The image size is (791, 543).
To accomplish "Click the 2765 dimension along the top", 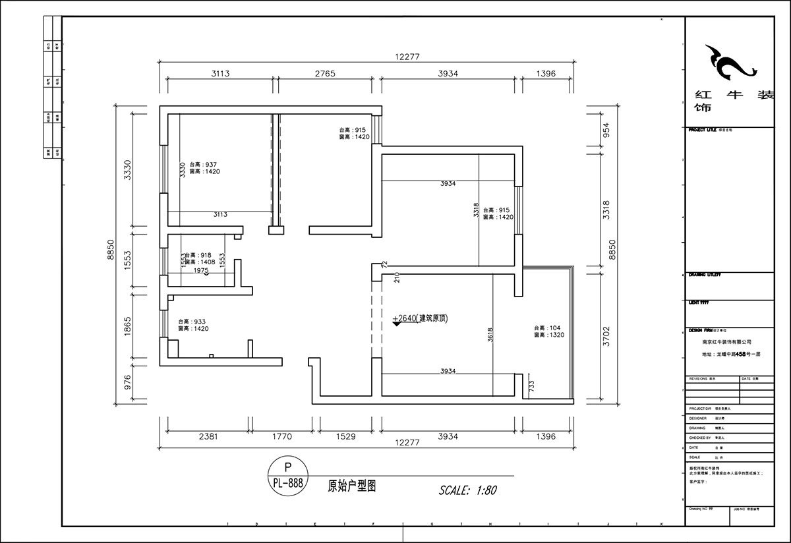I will [324, 74].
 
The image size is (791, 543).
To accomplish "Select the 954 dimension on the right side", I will [606, 130].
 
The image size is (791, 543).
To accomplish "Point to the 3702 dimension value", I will [606, 336].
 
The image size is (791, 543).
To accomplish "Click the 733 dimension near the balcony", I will [532, 385].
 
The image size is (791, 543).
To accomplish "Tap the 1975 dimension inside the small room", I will [201, 271].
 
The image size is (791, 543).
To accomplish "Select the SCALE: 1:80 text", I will [467, 490].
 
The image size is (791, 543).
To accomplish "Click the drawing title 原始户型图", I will [352, 486].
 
